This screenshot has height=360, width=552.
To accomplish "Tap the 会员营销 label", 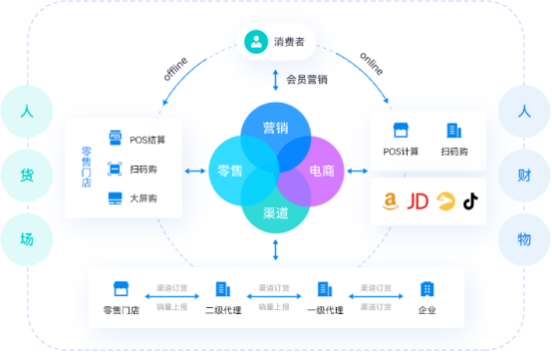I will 308,79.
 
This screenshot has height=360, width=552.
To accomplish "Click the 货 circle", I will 27,176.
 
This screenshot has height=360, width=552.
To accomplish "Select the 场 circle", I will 27,239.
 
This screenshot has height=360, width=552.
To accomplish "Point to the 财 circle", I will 524,176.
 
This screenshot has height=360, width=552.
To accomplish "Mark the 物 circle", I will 524,239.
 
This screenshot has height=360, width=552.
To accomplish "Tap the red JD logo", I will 418,201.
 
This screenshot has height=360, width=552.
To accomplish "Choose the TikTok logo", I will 469,201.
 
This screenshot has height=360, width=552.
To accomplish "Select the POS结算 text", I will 147,138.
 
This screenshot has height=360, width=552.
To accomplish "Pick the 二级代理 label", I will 222,310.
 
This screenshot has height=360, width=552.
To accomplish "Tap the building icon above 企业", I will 426,289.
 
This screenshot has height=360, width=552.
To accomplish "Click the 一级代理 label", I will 324,310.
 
